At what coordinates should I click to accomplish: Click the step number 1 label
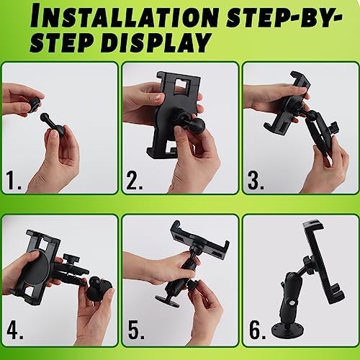[x=13, y=180]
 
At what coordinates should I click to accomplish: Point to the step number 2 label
[x=135, y=180]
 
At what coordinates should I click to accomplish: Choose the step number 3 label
[x=256, y=180]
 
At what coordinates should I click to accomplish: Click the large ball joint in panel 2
[x=197, y=125]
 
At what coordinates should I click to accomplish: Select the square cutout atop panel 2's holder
[x=182, y=85]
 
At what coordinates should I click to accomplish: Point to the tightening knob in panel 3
[x=333, y=126]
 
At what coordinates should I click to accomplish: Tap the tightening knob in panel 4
[x=69, y=258]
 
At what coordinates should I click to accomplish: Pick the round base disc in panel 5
[x=167, y=301]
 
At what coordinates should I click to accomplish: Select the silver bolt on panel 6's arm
[x=292, y=303]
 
